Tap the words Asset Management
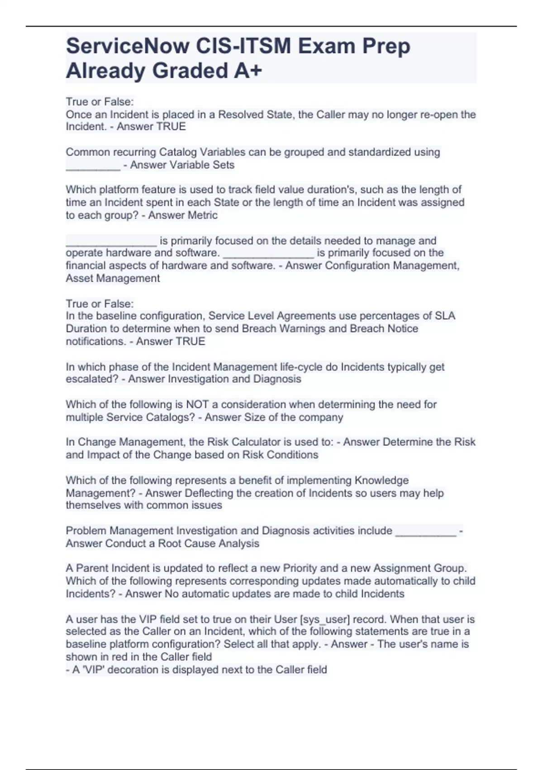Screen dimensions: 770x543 pyautogui.click(x=113, y=278)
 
